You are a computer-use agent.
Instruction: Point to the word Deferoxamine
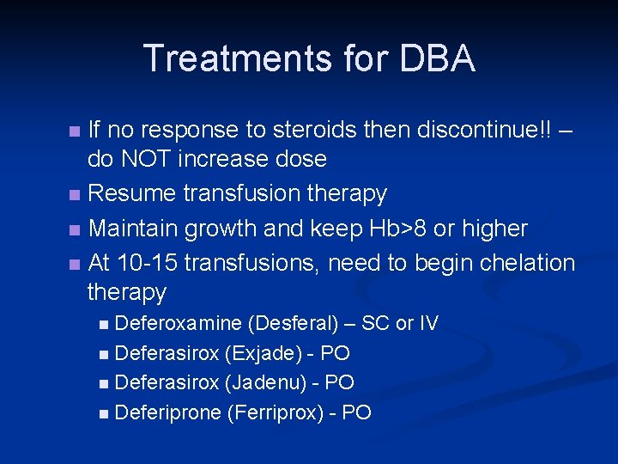tap(178, 323)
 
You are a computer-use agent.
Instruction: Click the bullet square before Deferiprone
tap(104, 413)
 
